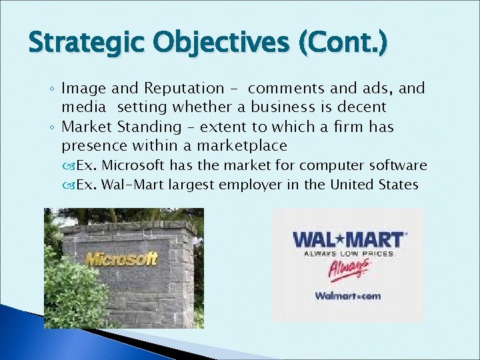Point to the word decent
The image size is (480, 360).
pyautogui.click(x=363, y=107)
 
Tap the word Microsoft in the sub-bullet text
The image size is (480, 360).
pyautogui.click(x=137, y=165)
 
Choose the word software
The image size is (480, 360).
pyautogui.click(x=402, y=165)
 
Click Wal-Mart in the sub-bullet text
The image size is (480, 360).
pyautogui.click(x=133, y=185)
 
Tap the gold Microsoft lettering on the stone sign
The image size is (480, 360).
pyautogui.click(x=121, y=259)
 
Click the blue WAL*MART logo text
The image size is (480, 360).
pyautogui.click(x=347, y=239)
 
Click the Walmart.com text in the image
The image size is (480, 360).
pyautogui.click(x=347, y=295)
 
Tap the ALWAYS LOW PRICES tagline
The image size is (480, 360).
pyautogui.click(x=349, y=253)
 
